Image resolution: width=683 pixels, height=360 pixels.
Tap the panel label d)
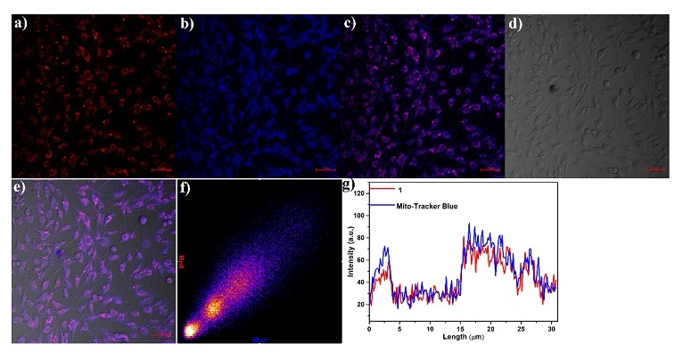(514, 25)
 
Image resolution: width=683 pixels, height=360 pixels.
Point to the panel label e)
(21, 189)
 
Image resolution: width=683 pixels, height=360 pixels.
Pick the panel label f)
(185, 189)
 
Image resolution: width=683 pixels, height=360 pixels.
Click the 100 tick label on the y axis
(360, 215)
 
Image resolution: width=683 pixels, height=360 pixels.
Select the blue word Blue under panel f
(259, 340)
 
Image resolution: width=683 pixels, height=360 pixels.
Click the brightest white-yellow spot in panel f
(189, 331)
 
